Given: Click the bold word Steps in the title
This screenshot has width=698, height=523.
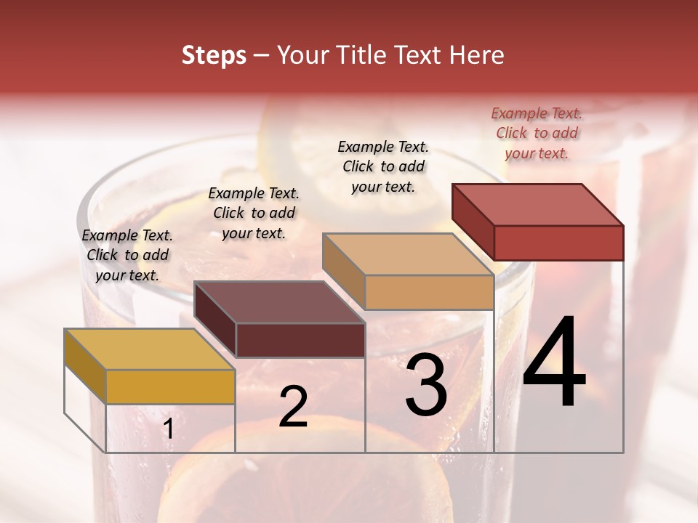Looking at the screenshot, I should tap(214, 55).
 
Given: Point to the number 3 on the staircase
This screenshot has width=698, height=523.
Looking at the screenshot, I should tap(426, 385).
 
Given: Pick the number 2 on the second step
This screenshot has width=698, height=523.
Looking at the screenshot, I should tap(293, 407).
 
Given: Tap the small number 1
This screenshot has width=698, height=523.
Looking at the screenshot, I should tap(168, 429).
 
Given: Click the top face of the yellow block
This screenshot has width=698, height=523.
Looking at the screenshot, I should tap(149, 349).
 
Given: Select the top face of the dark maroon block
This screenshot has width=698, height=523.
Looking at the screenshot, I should tap(280, 301).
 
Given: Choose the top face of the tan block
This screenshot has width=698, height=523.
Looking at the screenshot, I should tap(407, 254).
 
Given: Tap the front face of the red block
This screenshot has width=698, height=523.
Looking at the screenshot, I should tap(558, 243).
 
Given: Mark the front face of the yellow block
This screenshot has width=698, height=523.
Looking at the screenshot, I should tap(170, 386).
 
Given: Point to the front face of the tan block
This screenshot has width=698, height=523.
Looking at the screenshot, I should tap(429, 292).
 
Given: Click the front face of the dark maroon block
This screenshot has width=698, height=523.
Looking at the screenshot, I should tap(300, 340).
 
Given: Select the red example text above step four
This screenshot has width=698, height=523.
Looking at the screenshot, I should tap(537, 133).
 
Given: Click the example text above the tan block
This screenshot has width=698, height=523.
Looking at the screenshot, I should tap(383, 166).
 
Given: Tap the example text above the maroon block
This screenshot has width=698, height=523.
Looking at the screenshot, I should tap(254, 213).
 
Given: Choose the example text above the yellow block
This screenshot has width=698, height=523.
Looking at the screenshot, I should tap(127, 255).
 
